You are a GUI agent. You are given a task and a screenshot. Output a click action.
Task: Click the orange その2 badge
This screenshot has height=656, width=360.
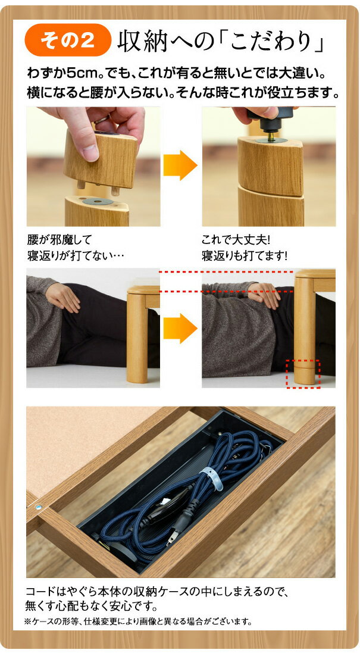pos(68,40)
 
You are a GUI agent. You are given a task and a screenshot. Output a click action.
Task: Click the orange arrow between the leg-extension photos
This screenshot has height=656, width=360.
pos(180,165)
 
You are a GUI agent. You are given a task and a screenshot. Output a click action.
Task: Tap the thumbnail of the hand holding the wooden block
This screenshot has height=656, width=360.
pos(93,166)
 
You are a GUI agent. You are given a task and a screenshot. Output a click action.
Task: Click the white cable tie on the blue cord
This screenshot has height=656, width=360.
pos(213,478)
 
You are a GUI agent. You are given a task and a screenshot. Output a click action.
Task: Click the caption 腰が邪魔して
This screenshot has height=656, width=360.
pos(59,240)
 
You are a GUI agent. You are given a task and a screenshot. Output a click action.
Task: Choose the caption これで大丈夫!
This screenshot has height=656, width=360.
pos(236,240)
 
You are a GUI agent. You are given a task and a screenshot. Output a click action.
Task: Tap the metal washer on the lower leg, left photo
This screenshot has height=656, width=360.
pos(98,202)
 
